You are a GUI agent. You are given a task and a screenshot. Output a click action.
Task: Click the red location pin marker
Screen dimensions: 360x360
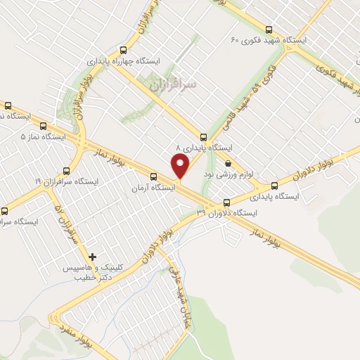[180, 166]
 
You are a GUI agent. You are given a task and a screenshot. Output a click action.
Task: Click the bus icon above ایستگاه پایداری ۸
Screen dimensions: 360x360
[204, 136]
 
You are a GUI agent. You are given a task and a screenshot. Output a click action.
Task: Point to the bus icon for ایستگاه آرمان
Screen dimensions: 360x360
[153, 176]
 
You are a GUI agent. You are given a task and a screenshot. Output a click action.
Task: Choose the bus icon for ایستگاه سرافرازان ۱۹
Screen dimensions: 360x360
[67, 170]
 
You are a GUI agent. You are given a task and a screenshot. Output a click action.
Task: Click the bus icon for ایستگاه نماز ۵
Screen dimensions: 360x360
[8, 105]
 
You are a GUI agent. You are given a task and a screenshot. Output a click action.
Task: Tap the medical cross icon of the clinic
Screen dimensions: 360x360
[92, 257]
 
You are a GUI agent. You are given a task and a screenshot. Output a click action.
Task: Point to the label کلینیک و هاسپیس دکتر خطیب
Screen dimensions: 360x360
[104, 273]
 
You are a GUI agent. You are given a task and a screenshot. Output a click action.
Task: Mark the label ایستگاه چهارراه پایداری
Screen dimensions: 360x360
[124, 61]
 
